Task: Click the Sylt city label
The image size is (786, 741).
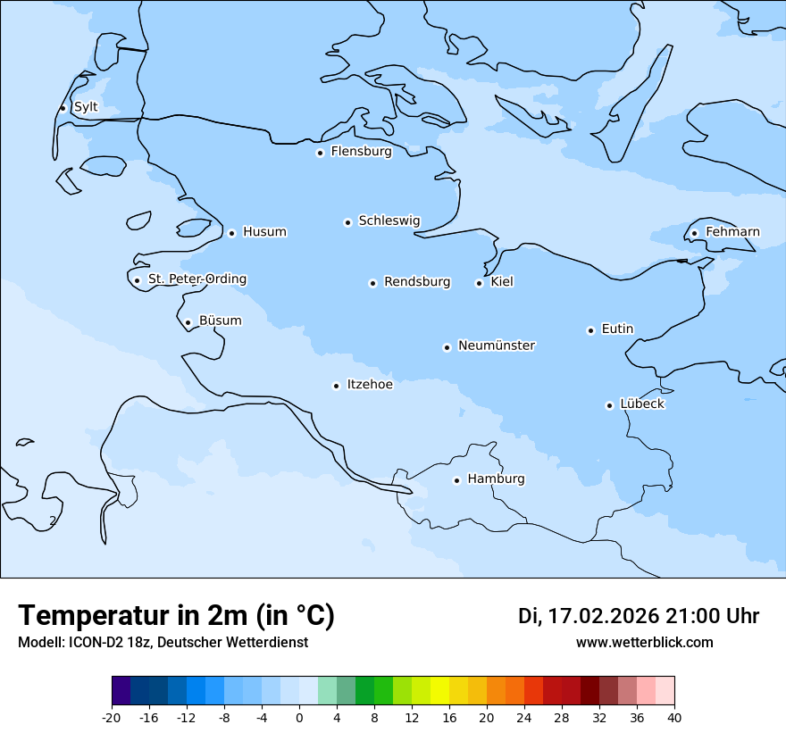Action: (86, 107)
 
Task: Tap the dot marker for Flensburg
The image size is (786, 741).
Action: (320, 153)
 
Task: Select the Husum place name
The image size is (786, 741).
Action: (264, 232)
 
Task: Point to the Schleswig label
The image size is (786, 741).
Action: (389, 221)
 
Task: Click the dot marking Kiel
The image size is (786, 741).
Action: (479, 283)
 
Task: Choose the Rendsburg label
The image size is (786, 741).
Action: (417, 282)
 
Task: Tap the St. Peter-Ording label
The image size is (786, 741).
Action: (196, 279)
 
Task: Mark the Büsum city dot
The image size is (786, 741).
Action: (188, 322)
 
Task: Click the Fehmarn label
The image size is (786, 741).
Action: (732, 232)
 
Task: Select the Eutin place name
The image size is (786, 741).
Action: (617, 329)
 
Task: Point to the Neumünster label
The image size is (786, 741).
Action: (497, 346)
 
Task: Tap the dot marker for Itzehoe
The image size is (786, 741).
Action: (336, 386)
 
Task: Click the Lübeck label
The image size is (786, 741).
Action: (642, 404)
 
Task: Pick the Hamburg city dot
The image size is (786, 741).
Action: (456, 480)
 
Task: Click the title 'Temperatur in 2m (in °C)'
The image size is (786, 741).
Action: (176, 615)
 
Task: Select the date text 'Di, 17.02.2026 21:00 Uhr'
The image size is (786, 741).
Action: (639, 616)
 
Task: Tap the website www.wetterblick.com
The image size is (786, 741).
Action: (644, 642)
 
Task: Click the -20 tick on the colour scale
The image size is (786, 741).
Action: (112, 718)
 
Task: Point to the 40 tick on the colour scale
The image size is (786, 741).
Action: (674, 718)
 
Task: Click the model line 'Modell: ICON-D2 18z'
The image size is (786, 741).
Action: (163, 642)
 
